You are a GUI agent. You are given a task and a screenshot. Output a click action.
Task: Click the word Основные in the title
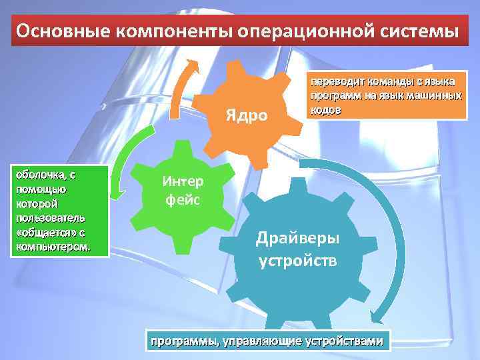[55, 31]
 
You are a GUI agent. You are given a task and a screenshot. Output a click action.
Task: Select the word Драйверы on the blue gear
[298, 238]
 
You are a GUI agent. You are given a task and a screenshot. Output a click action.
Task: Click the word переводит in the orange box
[332, 83]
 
